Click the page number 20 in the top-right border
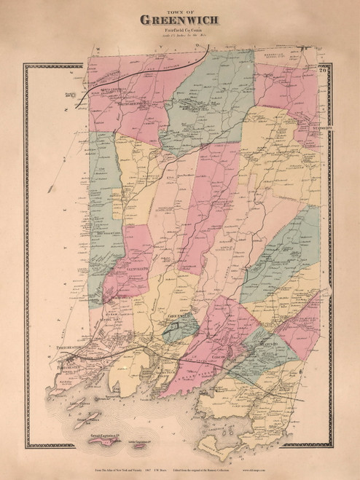coord(341,71)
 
